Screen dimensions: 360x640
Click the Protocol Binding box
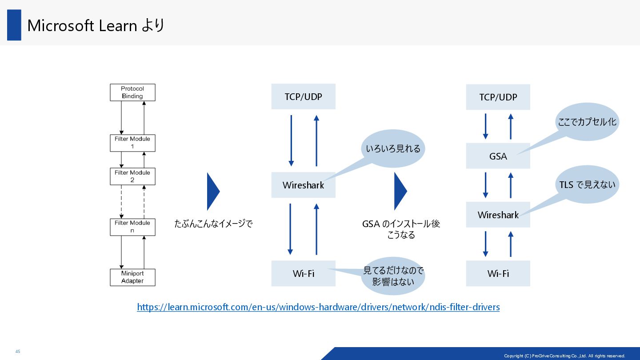click(x=132, y=92)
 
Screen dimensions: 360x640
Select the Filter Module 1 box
click(x=132, y=143)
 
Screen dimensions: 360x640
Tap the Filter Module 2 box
click(x=132, y=176)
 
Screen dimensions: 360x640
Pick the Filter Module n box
click(x=132, y=227)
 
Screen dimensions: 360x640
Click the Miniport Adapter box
click(x=132, y=277)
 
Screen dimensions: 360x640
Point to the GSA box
click(x=498, y=156)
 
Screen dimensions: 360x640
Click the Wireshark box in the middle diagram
click(x=303, y=185)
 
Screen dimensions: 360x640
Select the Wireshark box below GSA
click(x=498, y=215)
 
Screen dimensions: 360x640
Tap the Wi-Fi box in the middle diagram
click(x=303, y=273)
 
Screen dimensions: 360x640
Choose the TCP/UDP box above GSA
click(x=498, y=97)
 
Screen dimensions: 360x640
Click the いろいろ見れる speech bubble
click(x=393, y=148)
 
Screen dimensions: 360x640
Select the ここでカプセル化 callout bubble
click(x=587, y=121)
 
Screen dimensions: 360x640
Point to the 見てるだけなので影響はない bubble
click(x=393, y=276)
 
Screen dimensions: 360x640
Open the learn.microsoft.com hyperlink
click(x=318, y=307)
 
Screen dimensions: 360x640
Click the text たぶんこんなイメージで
click(x=213, y=224)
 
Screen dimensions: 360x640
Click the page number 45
click(x=18, y=352)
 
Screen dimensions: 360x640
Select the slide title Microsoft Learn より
click(x=96, y=25)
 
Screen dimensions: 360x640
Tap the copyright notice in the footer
click(x=564, y=356)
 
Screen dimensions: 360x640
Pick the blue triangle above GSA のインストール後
click(x=400, y=191)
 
